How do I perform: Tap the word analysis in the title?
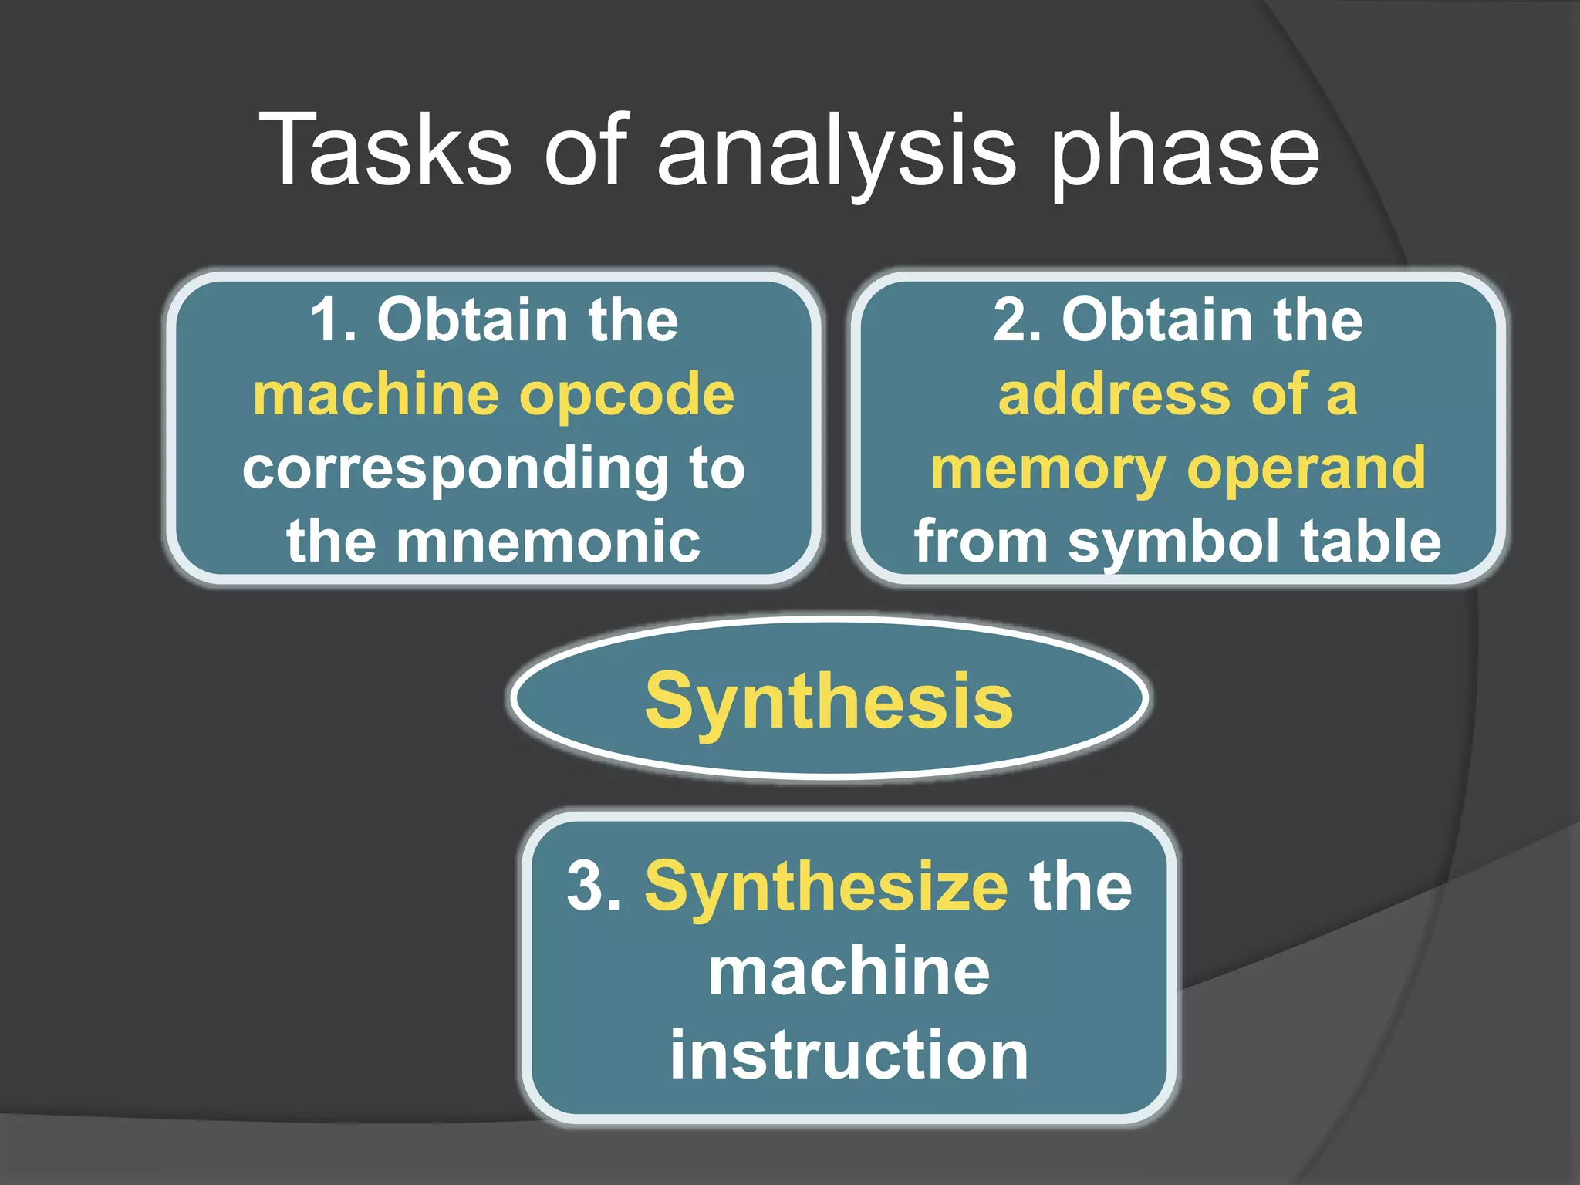tap(836, 151)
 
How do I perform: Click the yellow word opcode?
tap(626, 395)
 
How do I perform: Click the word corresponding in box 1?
tap(455, 469)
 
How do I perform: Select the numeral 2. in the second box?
tap(1018, 319)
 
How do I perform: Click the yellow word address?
tap(1114, 395)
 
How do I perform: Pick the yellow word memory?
tap(1048, 469)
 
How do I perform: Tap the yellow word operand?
tap(1306, 469)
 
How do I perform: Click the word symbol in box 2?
tap(1173, 542)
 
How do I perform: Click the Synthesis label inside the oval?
tap(829, 701)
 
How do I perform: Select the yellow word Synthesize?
tap(826, 886)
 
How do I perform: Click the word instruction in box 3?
tap(849, 1055)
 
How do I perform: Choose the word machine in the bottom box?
tap(849, 972)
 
